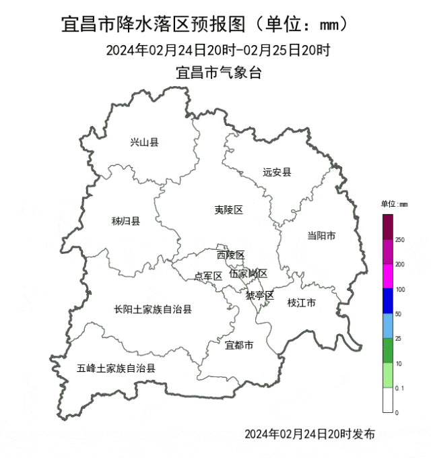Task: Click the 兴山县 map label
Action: coord(144,142)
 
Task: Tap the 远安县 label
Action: coord(277,172)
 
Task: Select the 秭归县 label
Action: coord(125,221)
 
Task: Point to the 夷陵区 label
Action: coord(228,210)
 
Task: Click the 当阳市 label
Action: coord(321,235)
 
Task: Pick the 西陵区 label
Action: coord(230,255)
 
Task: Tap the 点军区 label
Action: coord(208,275)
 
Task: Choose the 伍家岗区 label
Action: coord(248,273)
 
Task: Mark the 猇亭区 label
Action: coord(259,295)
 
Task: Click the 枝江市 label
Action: coord(301,303)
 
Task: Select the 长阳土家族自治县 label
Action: coord(153,309)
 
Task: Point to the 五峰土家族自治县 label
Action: coord(116,368)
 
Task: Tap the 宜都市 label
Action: coord(239,346)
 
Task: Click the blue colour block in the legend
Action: coord(388,301)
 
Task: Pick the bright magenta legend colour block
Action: coord(388,276)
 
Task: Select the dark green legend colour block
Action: coord(388,350)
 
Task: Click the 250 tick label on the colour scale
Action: coord(400,240)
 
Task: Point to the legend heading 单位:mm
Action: coord(393,203)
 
